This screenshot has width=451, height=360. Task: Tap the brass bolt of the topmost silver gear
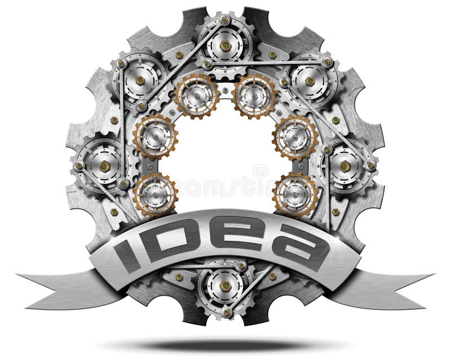(225, 45)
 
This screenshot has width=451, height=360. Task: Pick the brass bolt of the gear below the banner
(225, 286)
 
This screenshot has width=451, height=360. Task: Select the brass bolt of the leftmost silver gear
(105, 166)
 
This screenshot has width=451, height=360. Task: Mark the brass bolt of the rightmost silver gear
(345, 166)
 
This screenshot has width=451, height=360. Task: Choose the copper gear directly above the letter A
(295, 194)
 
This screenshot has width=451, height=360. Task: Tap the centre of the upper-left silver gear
(139, 81)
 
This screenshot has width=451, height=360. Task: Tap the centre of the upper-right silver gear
(310, 81)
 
